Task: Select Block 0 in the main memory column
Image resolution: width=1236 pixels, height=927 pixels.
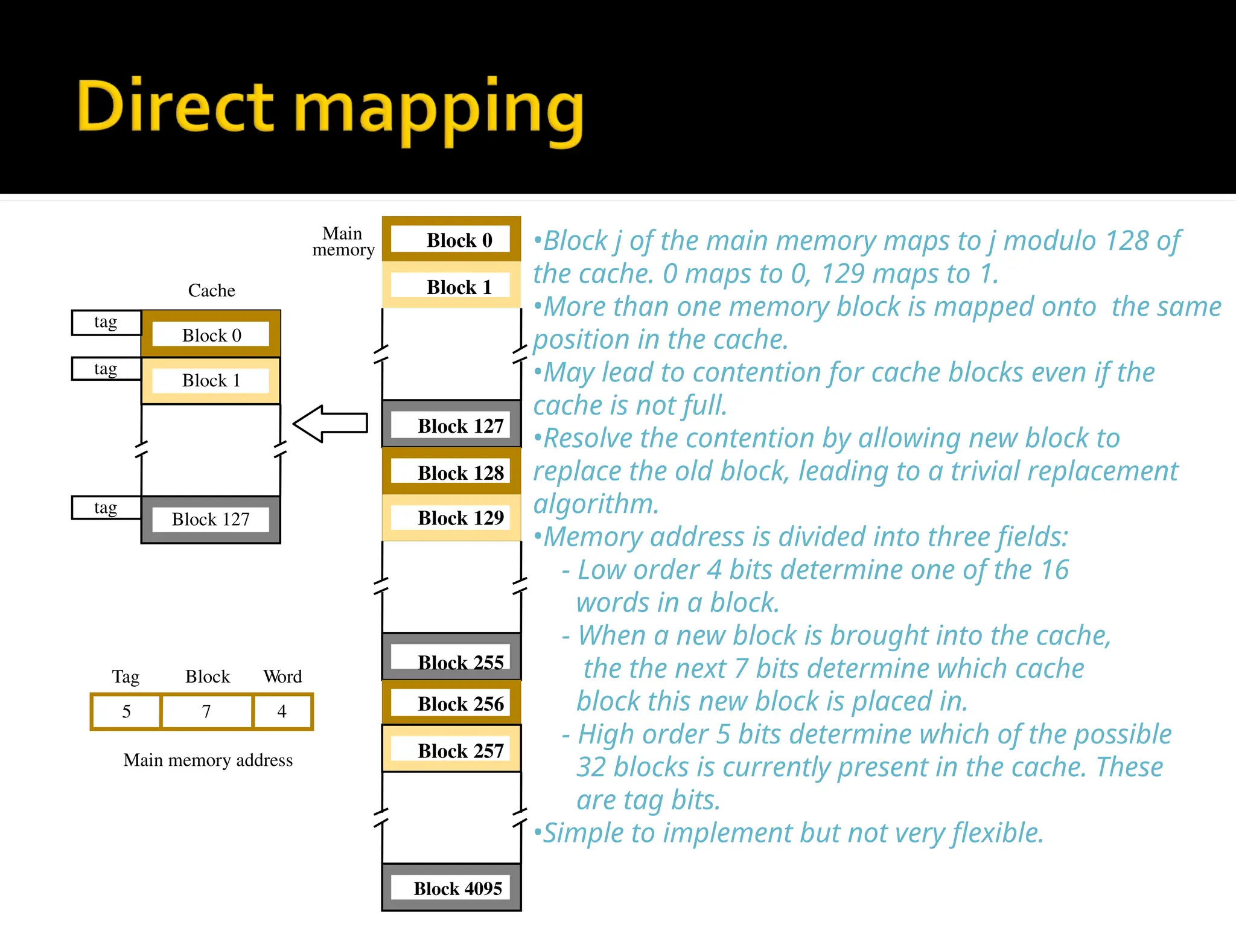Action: [451, 240]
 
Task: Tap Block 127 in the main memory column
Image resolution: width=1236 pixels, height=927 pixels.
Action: [451, 425]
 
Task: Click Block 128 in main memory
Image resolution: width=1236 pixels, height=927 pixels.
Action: [451, 472]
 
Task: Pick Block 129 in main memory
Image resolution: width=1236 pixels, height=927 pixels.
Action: [451, 517]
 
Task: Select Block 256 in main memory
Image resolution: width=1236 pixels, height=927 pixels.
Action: [451, 703]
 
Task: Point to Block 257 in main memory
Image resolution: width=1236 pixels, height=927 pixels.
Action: [451, 750]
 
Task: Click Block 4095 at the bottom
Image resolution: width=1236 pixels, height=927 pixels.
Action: [451, 888]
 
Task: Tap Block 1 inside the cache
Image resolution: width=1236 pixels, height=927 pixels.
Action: [211, 380]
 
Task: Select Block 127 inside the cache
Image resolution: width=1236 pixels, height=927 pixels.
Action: [211, 519]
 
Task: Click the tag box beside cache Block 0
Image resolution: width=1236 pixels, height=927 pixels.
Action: [106, 322]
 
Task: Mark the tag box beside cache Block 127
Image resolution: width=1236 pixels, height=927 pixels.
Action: [106, 508]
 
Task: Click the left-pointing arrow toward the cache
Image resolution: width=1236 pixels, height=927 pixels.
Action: [331, 424]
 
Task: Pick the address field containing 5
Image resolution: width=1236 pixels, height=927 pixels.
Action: [126, 712]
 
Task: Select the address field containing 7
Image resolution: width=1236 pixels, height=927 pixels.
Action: [206, 712]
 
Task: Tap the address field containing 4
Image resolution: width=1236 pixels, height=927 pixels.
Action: [282, 712]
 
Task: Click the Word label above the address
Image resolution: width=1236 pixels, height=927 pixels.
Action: [282, 677]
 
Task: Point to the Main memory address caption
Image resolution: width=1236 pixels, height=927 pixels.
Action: [208, 760]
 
